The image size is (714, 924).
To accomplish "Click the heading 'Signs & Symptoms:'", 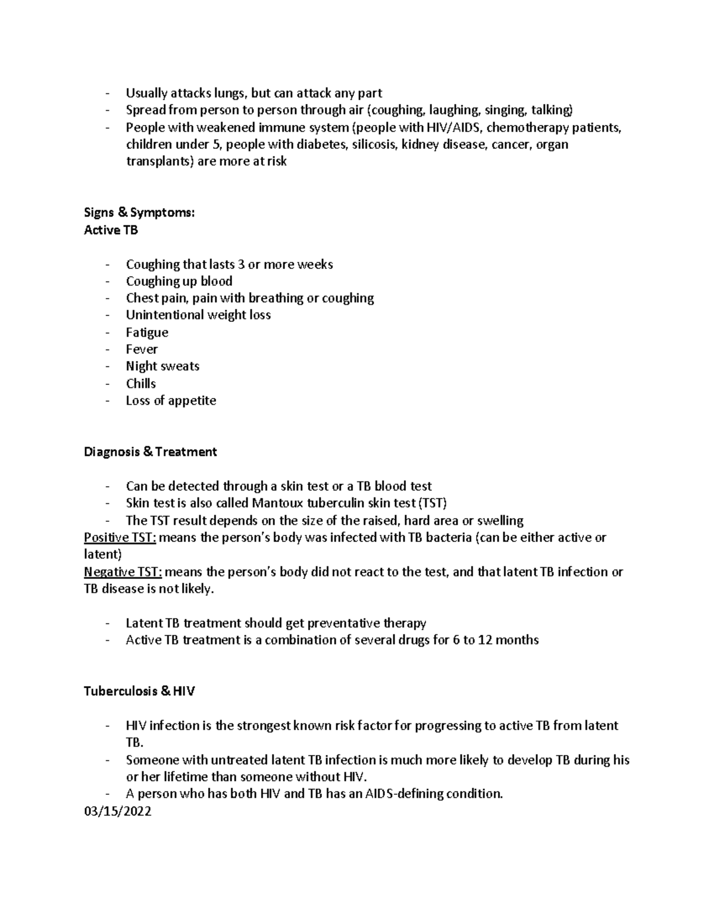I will pos(139,212).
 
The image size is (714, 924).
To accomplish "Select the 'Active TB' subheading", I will pos(111,230).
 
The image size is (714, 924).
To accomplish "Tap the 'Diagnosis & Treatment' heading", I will pos(150,452).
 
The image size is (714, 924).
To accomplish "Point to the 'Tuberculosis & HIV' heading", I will pos(139,691).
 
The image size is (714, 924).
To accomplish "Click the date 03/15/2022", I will pos(118,811).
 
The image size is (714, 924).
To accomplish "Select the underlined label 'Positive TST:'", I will pos(120,537).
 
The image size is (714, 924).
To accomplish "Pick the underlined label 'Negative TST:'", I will pos(123,572).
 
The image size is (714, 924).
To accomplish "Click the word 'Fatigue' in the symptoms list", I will pos(147,333).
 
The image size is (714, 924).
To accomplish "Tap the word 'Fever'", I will pos(142,349).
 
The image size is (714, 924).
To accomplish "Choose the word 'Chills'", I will pos(140,384).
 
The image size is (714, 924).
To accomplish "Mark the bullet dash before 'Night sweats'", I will pos(107,367).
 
